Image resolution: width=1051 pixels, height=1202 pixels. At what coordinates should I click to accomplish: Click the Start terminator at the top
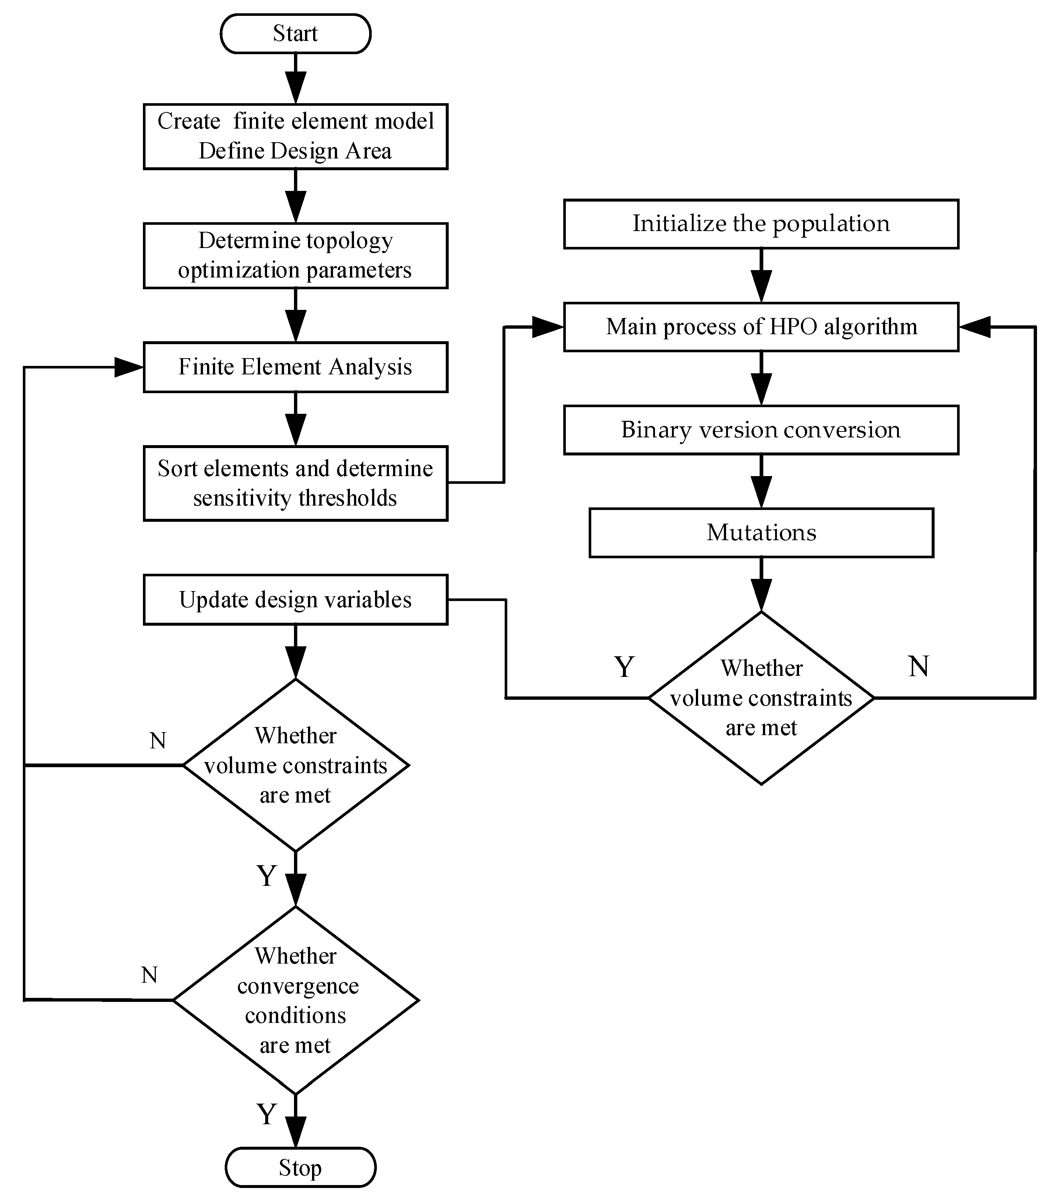pyautogui.click(x=295, y=34)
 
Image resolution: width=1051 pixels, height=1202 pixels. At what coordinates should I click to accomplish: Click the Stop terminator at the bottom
pyautogui.click(x=300, y=1167)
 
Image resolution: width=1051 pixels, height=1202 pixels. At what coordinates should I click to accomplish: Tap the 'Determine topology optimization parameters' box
pyautogui.click(x=295, y=255)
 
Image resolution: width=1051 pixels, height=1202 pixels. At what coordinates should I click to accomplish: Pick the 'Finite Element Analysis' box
pyautogui.click(x=295, y=367)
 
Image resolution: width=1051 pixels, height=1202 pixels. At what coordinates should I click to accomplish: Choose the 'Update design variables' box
pyautogui.click(x=295, y=600)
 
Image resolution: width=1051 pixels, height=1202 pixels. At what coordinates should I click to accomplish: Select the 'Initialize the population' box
pyautogui.click(x=761, y=224)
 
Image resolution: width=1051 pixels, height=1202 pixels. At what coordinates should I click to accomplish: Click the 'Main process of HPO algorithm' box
pyautogui.click(x=761, y=327)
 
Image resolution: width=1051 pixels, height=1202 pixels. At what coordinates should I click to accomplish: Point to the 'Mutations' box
pyautogui.click(x=761, y=533)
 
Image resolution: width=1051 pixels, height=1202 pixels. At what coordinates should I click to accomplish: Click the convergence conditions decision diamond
pyautogui.click(x=295, y=1000)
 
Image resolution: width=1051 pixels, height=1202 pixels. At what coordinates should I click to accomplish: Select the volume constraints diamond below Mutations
pyautogui.click(x=761, y=698)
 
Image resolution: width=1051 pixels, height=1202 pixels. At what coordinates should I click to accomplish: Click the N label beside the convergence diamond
pyautogui.click(x=150, y=975)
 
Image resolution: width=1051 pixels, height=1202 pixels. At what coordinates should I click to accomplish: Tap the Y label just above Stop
pyautogui.click(x=266, y=1114)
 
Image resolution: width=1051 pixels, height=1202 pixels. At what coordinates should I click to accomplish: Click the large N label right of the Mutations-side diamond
pyautogui.click(x=918, y=667)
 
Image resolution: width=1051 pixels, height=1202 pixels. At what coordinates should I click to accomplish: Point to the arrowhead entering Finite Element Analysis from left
pyautogui.click(x=129, y=367)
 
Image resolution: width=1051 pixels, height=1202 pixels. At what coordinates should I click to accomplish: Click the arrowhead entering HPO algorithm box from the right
pyautogui.click(x=975, y=327)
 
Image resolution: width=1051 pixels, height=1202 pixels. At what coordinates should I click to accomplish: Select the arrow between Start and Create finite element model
pyautogui.click(x=295, y=79)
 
